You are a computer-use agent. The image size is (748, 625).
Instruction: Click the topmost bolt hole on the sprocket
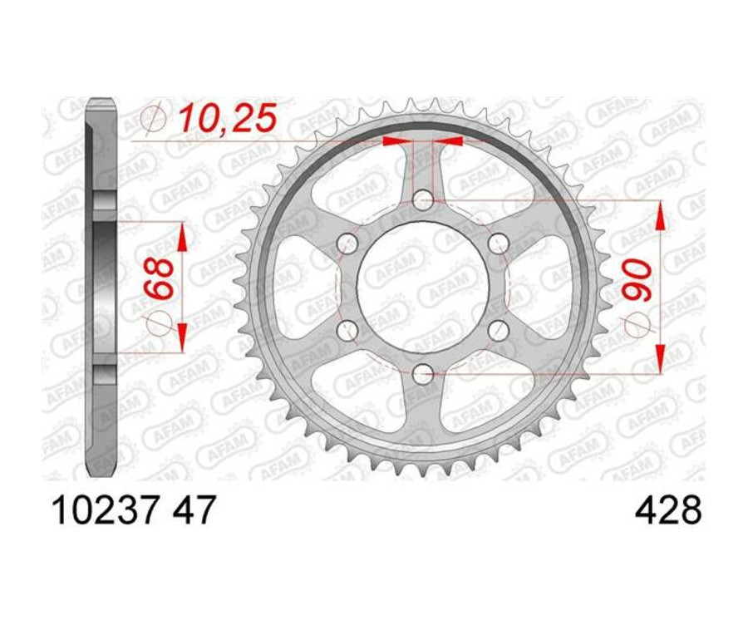coord(423,200)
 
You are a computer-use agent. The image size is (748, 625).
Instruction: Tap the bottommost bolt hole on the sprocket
coord(423,373)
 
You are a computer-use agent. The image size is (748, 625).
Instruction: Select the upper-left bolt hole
coord(347,244)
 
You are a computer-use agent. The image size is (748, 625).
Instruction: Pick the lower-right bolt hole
coord(498,330)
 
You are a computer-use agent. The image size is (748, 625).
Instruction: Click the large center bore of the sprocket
coord(423,287)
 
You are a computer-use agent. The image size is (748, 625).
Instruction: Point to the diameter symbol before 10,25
coord(155,119)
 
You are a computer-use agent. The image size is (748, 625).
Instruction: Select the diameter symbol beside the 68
coord(161,323)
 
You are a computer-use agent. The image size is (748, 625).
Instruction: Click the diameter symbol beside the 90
coord(638,325)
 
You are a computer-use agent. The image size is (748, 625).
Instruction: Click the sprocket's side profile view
coord(101,287)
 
